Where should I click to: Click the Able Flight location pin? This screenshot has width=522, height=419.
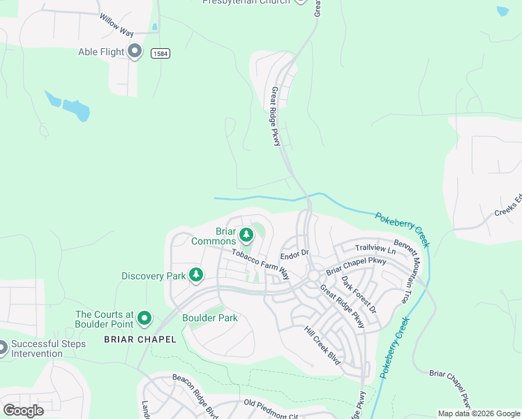click(x=135, y=51)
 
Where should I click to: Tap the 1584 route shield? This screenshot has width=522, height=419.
click(x=159, y=54)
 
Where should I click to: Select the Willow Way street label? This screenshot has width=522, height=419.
click(x=115, y=27)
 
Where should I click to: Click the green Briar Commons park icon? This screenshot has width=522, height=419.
click(x=246, y=234)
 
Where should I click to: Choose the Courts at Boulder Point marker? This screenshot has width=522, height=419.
click(x=144, y=319)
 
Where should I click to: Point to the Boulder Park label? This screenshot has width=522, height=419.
click(x=209, y=318)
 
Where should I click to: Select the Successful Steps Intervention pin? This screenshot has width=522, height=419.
click(x=2, y=347)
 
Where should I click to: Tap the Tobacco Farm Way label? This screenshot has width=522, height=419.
click(x=260, y=263)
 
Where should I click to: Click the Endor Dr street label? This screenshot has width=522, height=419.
click(x=294, y=255)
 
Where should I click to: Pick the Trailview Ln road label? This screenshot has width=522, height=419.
click(x=375, y=249)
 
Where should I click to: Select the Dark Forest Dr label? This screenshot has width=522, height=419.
click(x=359, y=294)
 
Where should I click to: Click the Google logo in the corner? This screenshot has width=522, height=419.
click(x=23, y=410)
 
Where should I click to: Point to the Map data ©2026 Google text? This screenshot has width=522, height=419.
click(x=478, y=413)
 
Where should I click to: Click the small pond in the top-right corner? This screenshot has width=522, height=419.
click(x=502, y=11)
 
